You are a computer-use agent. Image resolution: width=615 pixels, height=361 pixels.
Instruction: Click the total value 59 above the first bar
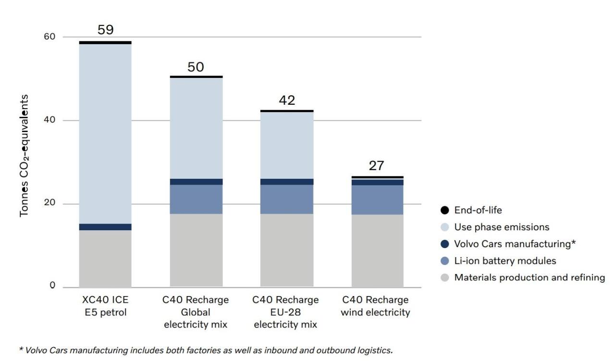point(105,30)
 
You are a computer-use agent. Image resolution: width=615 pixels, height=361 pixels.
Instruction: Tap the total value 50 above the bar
point(196,67)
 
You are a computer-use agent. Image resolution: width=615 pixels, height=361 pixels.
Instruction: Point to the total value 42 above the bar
point(287,100)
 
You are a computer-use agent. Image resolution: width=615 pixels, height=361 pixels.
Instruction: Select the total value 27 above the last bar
point(377,166)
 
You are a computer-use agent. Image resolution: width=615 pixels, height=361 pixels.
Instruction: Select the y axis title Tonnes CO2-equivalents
point(24,155)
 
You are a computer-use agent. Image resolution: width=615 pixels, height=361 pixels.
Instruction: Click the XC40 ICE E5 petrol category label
point(105,306)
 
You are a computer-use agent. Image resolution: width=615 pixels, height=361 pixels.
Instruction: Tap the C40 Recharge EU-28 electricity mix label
point(285,312)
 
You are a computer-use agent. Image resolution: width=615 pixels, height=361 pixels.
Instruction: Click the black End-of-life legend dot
point(444,210)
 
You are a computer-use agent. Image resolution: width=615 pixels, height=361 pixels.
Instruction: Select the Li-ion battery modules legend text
point(505,261)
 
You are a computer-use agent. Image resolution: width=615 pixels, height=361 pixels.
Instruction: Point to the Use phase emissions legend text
point(502,227)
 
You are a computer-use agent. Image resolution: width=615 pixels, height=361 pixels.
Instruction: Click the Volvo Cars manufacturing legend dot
point(444,244)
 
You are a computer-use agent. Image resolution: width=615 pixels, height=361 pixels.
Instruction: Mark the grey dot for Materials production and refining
point(444,277)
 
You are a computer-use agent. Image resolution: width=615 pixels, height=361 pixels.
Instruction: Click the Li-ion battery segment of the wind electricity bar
point(377,199)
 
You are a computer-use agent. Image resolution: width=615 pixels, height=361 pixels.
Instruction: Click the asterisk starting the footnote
point(21,349)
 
